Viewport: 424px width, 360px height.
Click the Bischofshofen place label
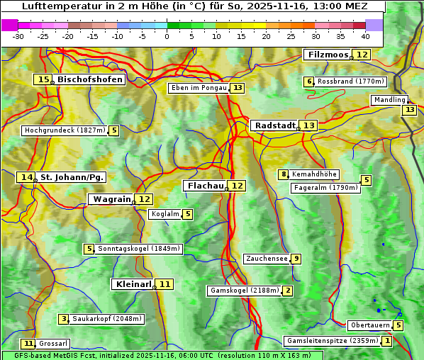pos(90,80)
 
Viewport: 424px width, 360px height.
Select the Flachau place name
pos(205,186)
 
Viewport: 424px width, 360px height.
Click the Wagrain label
pos(111,199)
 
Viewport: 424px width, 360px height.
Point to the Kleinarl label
pos(133,284)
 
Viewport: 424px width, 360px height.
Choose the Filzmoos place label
pos(328,55)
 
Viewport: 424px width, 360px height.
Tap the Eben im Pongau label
pos(199,88)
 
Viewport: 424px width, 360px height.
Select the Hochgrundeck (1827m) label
pos(65,130)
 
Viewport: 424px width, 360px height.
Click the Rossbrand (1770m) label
pos(350,81)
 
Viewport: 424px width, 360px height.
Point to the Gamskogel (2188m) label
pos(245,291)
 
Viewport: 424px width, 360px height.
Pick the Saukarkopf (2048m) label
pos(107,319)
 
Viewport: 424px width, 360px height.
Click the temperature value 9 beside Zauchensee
pos(296,259)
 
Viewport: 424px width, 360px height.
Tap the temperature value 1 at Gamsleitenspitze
pos(386,341)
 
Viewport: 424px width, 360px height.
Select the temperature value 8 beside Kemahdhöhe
pos(284,174)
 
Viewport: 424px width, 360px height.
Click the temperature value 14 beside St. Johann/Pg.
pos(27,177)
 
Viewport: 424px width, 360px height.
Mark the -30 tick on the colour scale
pos(18,35)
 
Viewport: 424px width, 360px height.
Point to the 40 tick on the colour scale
pos(365,35)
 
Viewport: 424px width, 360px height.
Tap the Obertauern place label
pos(370,325)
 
